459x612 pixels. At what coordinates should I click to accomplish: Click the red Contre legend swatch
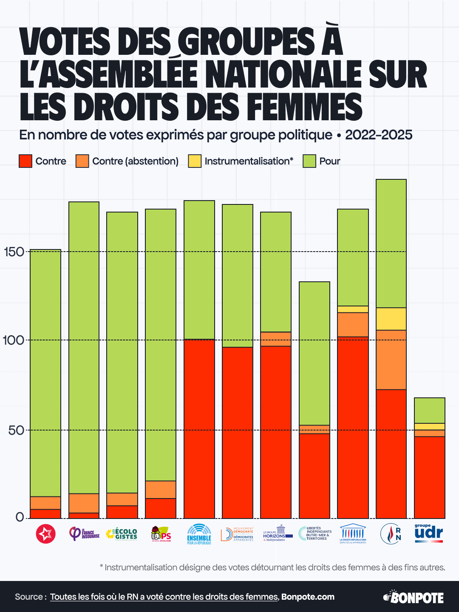(25, 161)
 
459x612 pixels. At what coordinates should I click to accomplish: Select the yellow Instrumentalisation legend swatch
(195, 161)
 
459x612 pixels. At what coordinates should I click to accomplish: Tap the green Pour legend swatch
(309, 161)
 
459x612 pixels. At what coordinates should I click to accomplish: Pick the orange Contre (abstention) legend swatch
(82, 161)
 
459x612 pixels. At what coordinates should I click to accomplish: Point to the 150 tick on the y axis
(14, 252)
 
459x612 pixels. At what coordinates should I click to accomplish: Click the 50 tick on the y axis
(16, 430)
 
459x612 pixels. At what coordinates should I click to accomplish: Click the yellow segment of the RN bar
(391, 319)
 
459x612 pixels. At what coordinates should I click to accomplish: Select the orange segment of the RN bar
(391, 360)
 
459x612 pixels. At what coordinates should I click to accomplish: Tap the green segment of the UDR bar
(430, 410)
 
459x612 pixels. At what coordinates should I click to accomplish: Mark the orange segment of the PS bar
(161, 489)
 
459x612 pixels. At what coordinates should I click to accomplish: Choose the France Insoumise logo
(84, 534)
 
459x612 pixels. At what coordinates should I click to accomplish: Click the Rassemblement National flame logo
(391, 534)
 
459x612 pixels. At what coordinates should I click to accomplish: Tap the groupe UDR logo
(428, 533)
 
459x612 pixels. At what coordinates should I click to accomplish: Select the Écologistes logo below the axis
(122, 534)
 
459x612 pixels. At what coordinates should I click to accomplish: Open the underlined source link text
(164, 597)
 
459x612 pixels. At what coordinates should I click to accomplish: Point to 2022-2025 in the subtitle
(379, 135)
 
